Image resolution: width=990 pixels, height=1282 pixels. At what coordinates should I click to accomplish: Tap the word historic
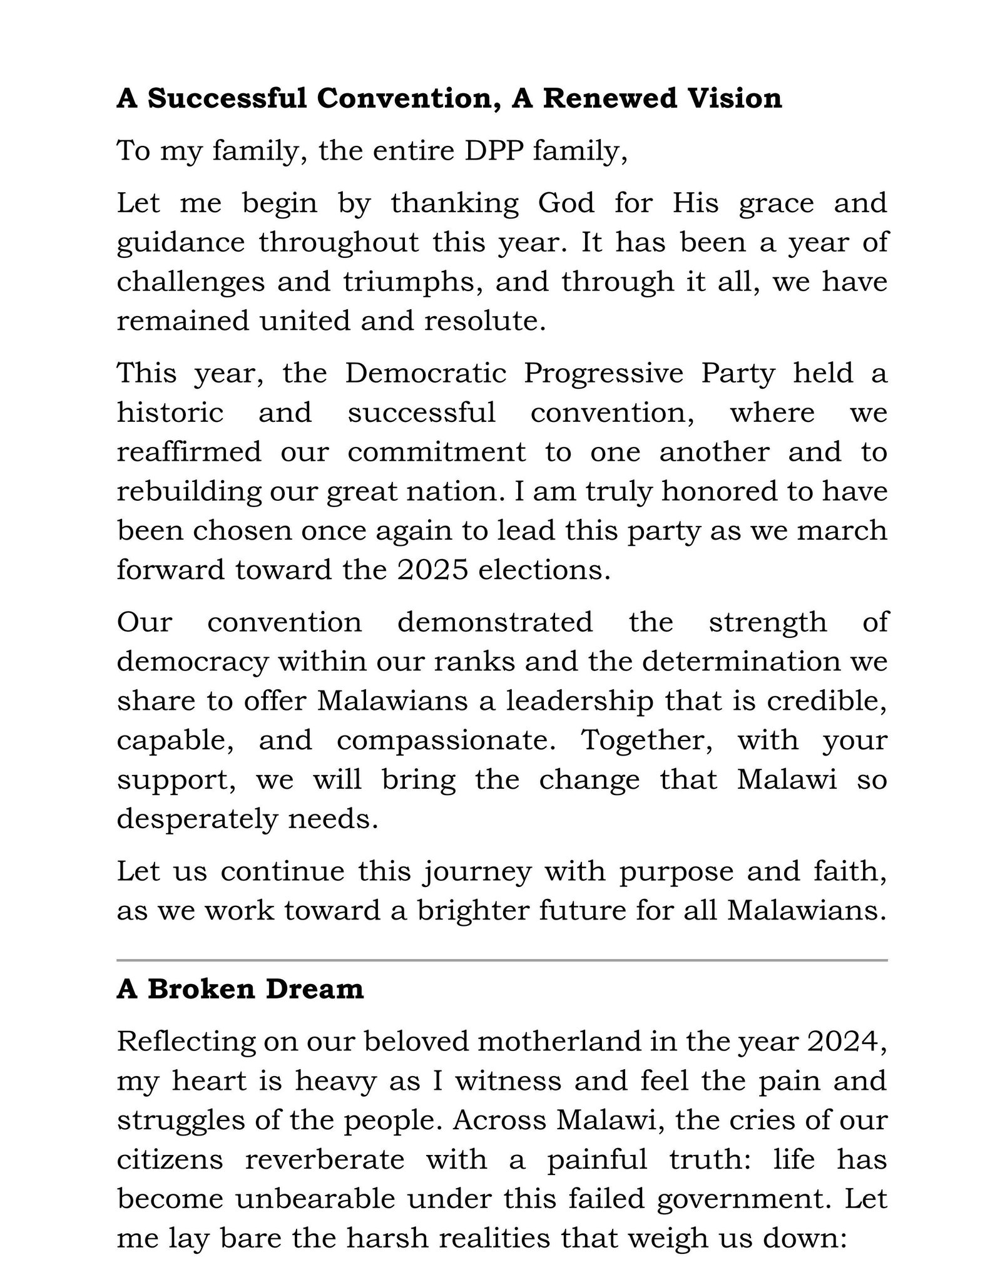click(170, 413)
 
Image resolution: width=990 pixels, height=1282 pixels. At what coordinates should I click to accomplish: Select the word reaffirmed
click(189, 452)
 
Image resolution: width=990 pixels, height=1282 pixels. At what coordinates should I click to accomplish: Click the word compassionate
click(446, 741)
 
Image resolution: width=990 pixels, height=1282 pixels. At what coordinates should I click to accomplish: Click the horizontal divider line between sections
click(502, 960)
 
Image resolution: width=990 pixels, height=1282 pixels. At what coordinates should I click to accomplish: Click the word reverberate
click(325, 1159)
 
